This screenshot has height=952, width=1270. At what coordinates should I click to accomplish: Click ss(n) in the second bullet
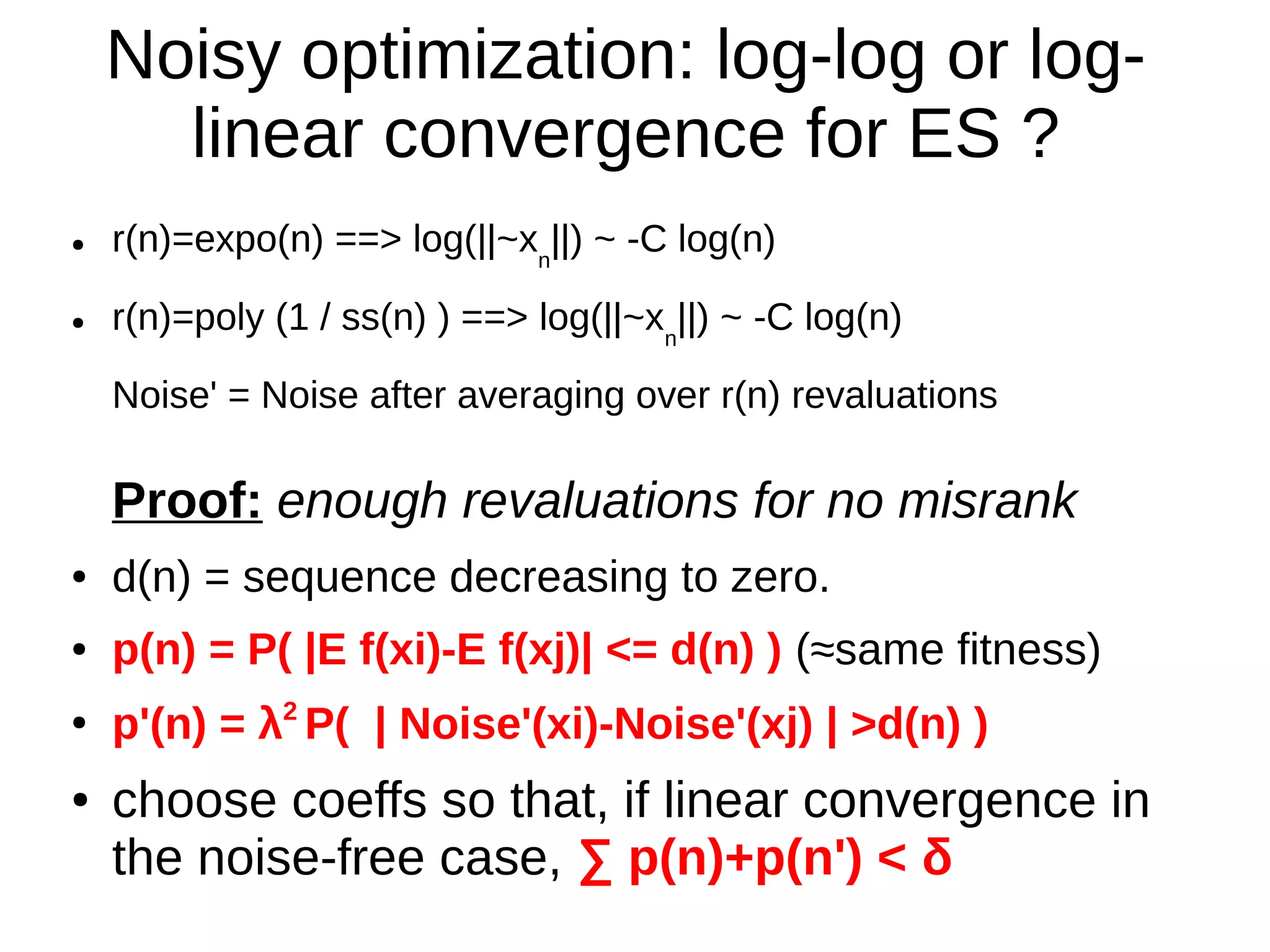pyautogui.click(x=383, y=318)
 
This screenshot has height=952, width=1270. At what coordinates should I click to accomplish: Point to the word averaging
pyautogui.click(x=540, y=396)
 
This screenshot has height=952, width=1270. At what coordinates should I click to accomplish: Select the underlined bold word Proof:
pyautogui.click(x=187, y=500)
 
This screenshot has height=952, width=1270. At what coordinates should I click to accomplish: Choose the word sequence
pyautogui.click(x=339, y=577)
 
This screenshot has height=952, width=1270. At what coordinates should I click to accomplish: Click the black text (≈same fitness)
pyautogui.click(x=948, y=651)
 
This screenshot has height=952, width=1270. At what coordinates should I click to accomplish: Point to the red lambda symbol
pyautogui.click(x=270, y=724)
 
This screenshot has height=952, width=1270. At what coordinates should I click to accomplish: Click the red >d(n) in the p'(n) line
pyautogui.click(x=905, y=724)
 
